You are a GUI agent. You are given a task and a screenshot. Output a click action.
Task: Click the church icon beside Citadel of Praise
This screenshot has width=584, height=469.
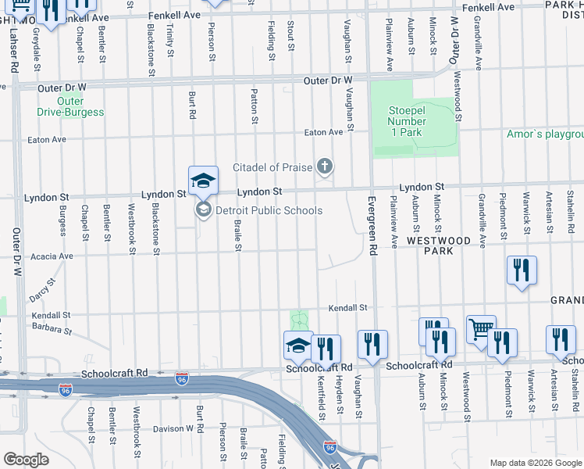(x=324, y=166)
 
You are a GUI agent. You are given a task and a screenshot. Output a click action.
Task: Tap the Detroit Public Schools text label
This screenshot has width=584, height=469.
(x=269, y=210)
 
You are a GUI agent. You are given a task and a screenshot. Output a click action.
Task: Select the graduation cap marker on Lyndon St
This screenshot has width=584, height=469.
(x=202, y=181)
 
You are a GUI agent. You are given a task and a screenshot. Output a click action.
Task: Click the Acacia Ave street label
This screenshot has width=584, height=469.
(x=52, y=256)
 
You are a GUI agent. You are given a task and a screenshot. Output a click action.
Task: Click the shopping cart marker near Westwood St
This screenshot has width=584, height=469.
(x=482, y=330)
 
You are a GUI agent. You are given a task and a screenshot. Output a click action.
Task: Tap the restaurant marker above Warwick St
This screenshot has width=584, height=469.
(x=522, y=271)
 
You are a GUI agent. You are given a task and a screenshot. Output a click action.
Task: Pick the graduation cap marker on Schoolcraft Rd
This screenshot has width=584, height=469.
(x=298, y=345)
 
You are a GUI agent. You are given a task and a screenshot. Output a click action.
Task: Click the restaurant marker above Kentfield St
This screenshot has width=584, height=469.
(x=326, y=349)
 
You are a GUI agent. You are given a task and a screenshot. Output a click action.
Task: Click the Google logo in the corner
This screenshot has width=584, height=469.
(x=25, y=460)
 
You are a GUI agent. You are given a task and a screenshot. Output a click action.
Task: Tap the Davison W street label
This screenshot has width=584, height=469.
(x=173, y=428)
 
